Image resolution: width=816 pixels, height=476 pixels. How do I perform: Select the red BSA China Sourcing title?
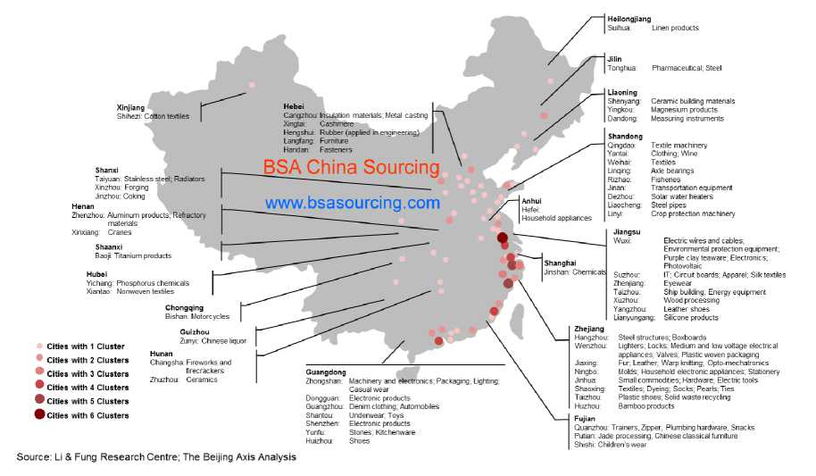[351, 167]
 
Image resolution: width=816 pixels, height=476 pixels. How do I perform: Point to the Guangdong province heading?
[326, 371]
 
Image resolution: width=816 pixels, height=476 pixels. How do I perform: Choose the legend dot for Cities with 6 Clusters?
[39, 415]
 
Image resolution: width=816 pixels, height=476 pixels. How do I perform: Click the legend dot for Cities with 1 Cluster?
[39, 346]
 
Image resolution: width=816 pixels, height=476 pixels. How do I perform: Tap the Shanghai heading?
[560, 263]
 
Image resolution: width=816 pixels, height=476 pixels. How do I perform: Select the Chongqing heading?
[183, 306]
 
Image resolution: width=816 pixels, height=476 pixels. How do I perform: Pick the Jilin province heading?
[615, 58]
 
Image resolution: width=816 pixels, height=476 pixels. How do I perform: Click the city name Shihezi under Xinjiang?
[130, 116]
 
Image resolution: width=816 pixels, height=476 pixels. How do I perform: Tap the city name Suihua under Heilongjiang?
[620, 29]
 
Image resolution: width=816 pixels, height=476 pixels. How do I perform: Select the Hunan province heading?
[161, 354]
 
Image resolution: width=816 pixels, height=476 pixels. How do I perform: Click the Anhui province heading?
[532, 201]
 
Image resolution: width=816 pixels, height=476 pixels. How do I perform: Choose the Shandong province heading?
[626, 136]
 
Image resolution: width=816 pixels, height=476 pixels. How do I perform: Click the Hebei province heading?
[295, 106]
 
